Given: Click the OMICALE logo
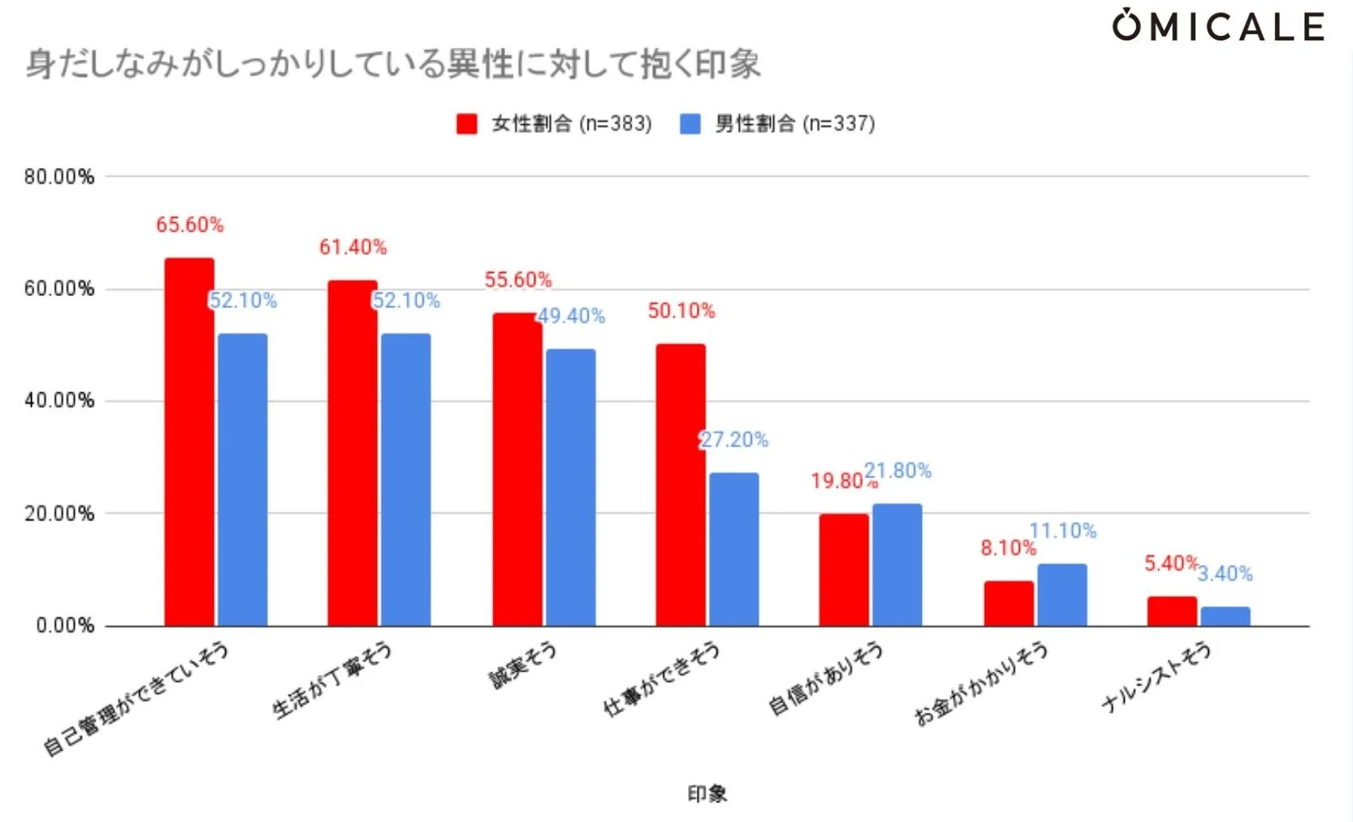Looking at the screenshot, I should click(x=1218, y=26).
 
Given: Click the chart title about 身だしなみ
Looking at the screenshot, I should click(x=393, y=64).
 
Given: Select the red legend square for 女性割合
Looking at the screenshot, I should click(x=467, y=124).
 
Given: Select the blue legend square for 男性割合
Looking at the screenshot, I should click(x=690, y=124).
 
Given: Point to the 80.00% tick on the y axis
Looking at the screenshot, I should click(x=59, y=177).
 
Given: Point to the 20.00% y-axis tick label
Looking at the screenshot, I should click(x=59, y=513).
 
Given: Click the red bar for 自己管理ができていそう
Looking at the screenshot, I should click(x=189, y=442).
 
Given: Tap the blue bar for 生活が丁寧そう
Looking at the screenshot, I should click(x=406, y=480).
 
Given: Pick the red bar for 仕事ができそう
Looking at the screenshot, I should click(x=681, y=485).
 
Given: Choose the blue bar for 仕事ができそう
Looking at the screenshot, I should click(x=733, y=549).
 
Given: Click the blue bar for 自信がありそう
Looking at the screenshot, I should click(x=897, y=565).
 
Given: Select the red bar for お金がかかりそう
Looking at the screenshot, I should click(x=1009, y=603).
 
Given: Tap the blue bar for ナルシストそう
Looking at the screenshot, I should click(x=1225, y=617).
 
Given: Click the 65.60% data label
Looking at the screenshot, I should click(x=189, y=225).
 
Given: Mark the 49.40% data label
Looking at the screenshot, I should click(x=571, y=316).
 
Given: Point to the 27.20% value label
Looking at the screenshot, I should click(x=734, y=440).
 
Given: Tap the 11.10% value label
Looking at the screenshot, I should click(x=1063, y=531).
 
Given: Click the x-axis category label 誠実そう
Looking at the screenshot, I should click(x=523, y=664).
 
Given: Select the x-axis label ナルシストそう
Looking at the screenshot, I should click(x=1157, y=676).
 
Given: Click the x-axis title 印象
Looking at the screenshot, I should click(x=707, y=793).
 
